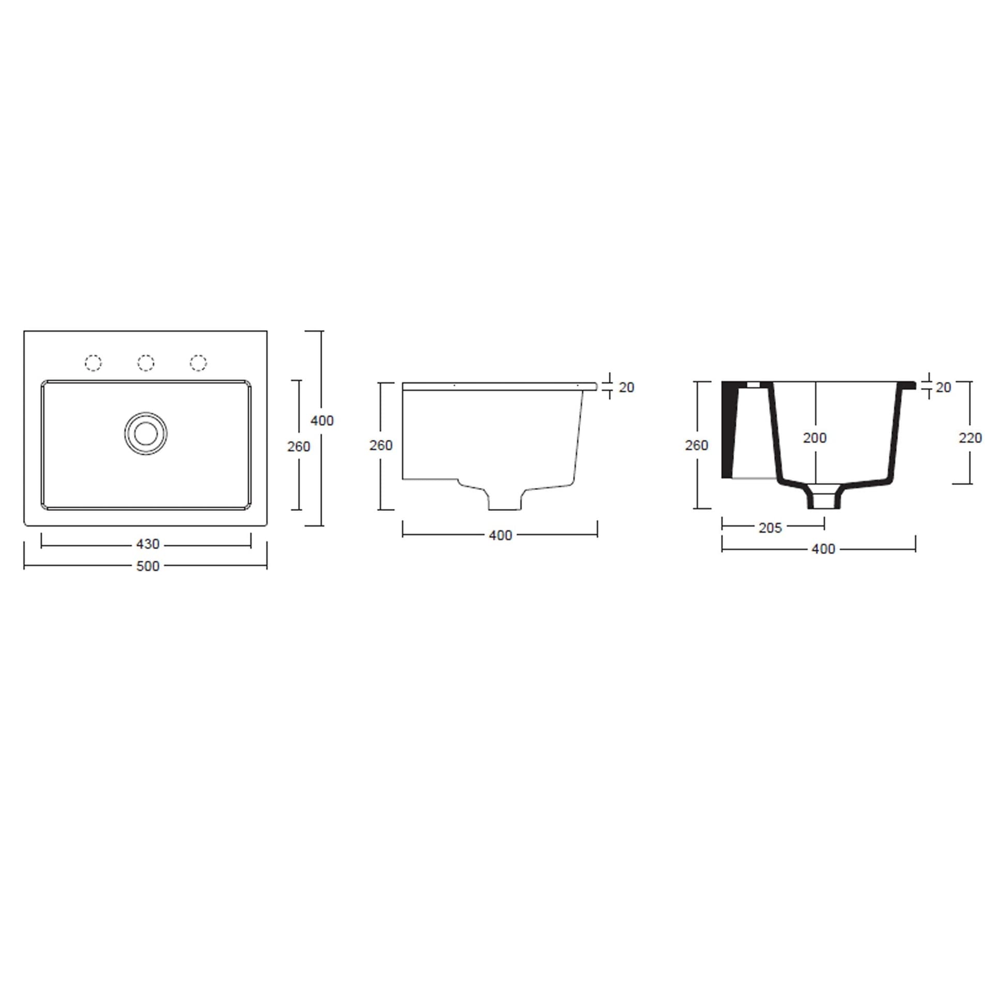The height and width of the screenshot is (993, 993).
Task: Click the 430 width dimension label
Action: (x=147, y=544)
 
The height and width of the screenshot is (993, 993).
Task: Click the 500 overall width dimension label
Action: (x=147, y=566)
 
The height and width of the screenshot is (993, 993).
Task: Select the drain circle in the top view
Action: (x=146, y=433)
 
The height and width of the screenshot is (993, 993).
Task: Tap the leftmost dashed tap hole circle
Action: (x=93, y=363)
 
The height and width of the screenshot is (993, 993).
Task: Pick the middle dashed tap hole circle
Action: (x=146, y=363)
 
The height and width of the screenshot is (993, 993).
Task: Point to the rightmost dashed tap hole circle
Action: (x=198, y=363)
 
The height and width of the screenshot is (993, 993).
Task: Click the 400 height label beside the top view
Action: (x=322, y=420)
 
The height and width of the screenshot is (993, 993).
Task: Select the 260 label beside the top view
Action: (x=298, y=446)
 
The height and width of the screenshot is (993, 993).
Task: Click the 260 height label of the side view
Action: (x=381, y=445)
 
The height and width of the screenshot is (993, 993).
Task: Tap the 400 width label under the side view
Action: (x=500, y=535)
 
